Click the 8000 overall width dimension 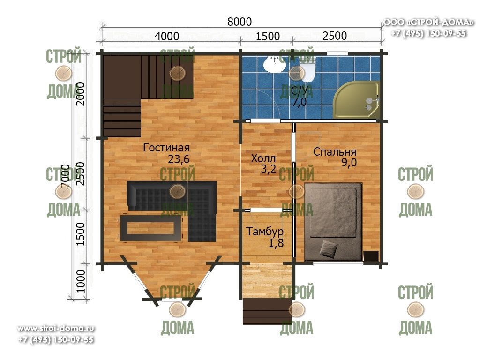pos(240,22)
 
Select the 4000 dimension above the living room pos(167,36)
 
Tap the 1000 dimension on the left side pos(80,281)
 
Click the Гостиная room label pos(166,148)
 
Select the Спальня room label pos(335,152)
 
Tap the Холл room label pos(263,158)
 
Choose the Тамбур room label pos(265,232)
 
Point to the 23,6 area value pos(179,159)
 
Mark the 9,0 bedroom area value pos(349,163)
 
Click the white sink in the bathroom pos(275,65)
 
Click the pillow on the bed pos(329,248)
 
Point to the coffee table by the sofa pos(151,228)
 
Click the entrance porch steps pos(267,311)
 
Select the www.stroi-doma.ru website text pos(56,329)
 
